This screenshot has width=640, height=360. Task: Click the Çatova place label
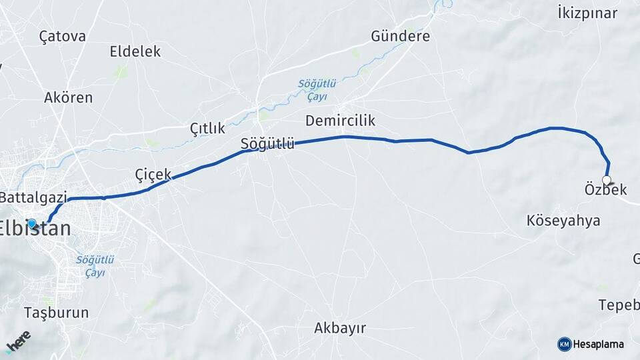(63, 36)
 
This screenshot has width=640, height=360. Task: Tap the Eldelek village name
(135, 51)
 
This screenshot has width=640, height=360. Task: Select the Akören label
(68, 97)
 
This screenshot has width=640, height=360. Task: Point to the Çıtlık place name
(207, 127)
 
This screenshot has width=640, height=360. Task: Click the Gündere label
(400, 36)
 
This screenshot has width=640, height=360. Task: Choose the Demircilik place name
(340, 121)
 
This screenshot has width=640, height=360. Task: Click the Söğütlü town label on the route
(267, 143)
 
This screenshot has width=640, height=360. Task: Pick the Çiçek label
(153, 174)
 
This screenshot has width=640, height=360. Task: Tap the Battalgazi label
(33, 197)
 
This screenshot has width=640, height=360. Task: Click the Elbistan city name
(37, 228)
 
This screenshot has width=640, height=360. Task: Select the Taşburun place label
(56, 312)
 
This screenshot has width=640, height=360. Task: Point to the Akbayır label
(340, 327)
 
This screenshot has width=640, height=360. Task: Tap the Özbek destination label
(605, 190)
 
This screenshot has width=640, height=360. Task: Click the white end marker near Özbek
(607, 179)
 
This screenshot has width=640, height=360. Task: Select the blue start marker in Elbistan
(31, 223)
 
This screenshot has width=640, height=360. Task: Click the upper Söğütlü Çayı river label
(317, 89)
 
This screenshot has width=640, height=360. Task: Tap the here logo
(19, 341)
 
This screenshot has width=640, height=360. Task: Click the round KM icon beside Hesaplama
(564, 344)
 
